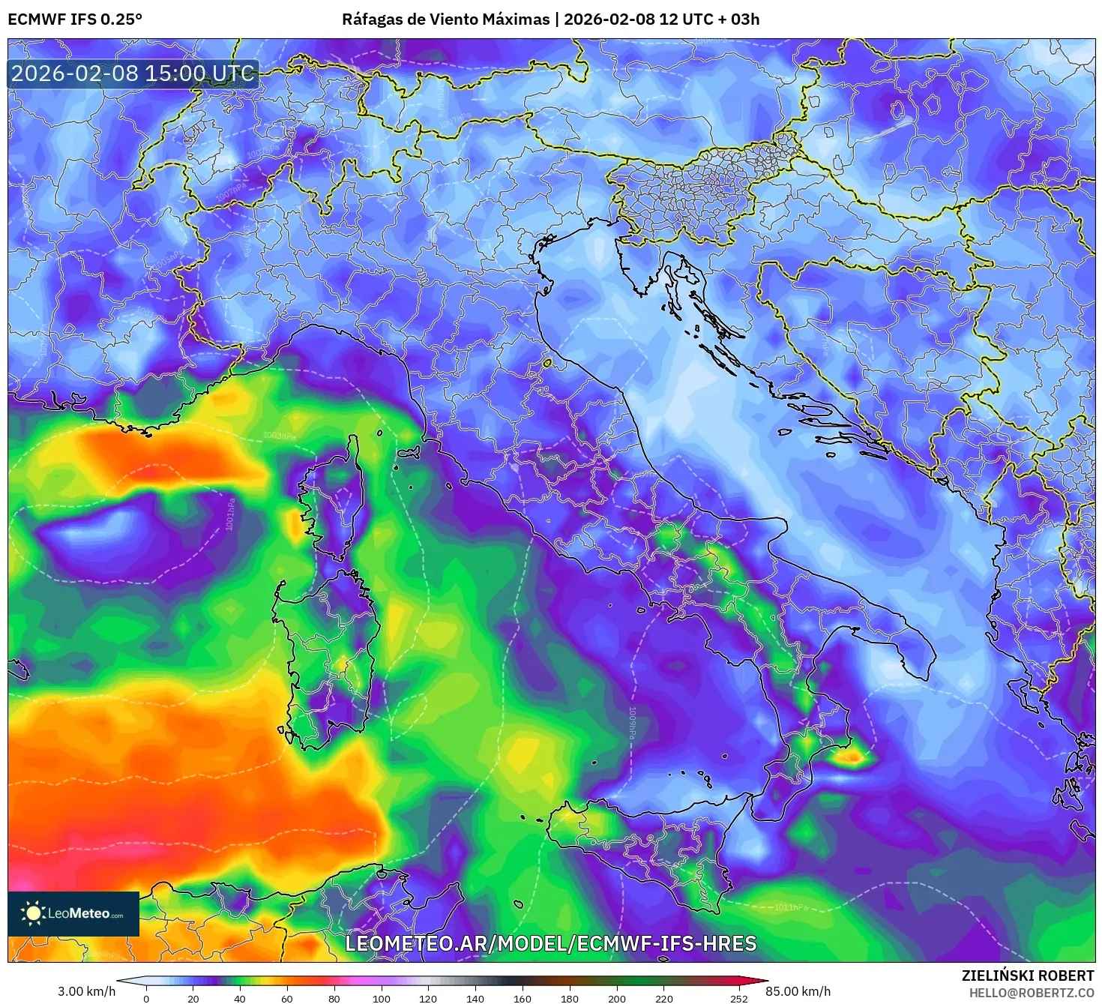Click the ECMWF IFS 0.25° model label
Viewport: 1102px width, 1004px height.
[75, 19]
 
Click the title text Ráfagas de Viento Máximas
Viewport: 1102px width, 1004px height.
[446, 19]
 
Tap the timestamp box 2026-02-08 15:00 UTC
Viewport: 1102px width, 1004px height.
[133, 73]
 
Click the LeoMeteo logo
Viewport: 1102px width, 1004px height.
[73, 913]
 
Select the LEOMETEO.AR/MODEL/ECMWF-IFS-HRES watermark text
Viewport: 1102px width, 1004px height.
[550, 943]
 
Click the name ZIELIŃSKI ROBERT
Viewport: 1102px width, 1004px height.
[1027, 976]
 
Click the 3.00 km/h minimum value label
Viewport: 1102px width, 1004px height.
[87, 991]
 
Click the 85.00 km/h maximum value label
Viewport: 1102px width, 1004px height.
[798, 991]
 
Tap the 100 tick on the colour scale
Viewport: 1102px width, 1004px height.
[382, 998]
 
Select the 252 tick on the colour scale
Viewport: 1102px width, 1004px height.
[739, 998]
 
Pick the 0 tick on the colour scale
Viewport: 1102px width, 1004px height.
[146, 998]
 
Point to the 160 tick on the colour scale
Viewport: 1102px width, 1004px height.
[523, 998]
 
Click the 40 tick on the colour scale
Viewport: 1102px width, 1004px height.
[240, 998]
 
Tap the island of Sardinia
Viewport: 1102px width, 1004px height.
[326, 660]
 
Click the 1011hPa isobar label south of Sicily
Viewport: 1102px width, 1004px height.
[791, 907]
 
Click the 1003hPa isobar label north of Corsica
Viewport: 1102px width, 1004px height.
[279, 436]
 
